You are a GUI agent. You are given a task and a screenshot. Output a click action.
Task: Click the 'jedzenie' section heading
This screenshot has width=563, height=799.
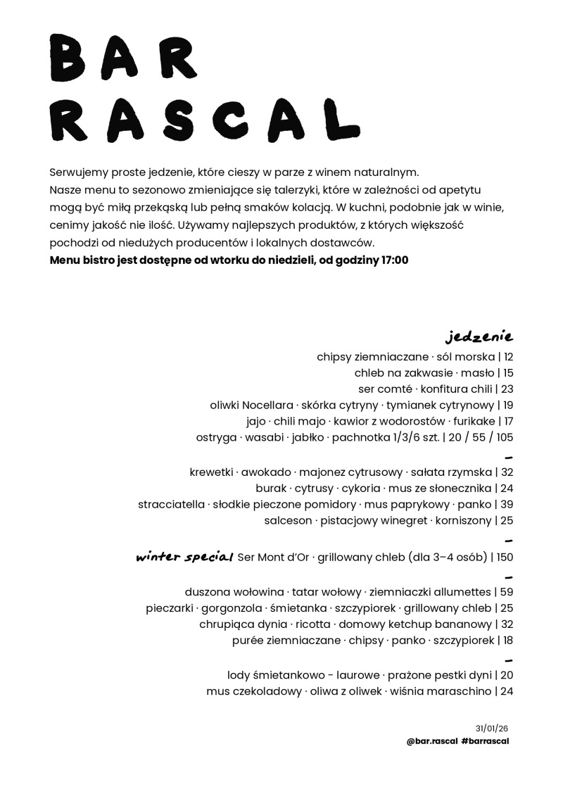coord(480,335)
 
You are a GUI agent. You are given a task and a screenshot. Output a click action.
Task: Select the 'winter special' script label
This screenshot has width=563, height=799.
coord(184,558)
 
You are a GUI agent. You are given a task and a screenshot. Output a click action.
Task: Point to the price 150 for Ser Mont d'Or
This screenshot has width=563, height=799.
coord(505,558)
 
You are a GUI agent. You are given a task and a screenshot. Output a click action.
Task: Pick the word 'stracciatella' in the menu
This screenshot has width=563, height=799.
coord(172,505)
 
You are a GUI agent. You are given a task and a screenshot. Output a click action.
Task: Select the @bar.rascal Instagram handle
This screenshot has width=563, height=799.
coord(432,741)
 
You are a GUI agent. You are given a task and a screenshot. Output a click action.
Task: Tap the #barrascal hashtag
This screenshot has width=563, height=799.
coord(486,741)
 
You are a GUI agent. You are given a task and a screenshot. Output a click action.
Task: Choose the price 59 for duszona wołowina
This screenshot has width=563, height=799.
coord(507,591)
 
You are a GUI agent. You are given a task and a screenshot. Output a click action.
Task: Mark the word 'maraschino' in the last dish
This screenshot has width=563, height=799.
coord(457,691)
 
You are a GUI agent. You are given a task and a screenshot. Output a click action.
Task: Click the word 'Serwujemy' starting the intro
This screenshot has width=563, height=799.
coord(77,172)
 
